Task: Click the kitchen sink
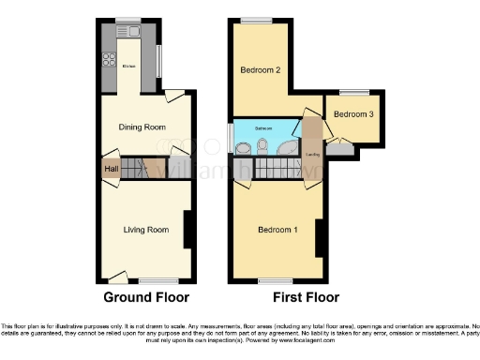[134, 33]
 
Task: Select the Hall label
[111, 169]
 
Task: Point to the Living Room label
[146, 230]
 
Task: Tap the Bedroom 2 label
[259, 70]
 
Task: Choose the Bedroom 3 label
[352, 114]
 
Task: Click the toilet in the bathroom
[265, 145]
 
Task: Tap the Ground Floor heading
[145, 297]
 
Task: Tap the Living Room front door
[117, 275]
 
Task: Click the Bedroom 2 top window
[251, 21]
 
